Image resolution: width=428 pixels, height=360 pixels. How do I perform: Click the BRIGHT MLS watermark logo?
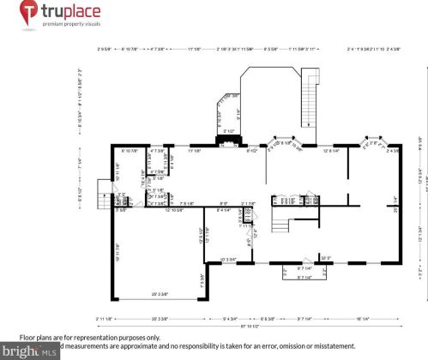(x=29, y=351)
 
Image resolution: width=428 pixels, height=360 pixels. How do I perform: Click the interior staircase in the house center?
(x=281, y=225)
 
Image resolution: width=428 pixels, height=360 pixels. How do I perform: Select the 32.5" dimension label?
(x=326, y=257)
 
